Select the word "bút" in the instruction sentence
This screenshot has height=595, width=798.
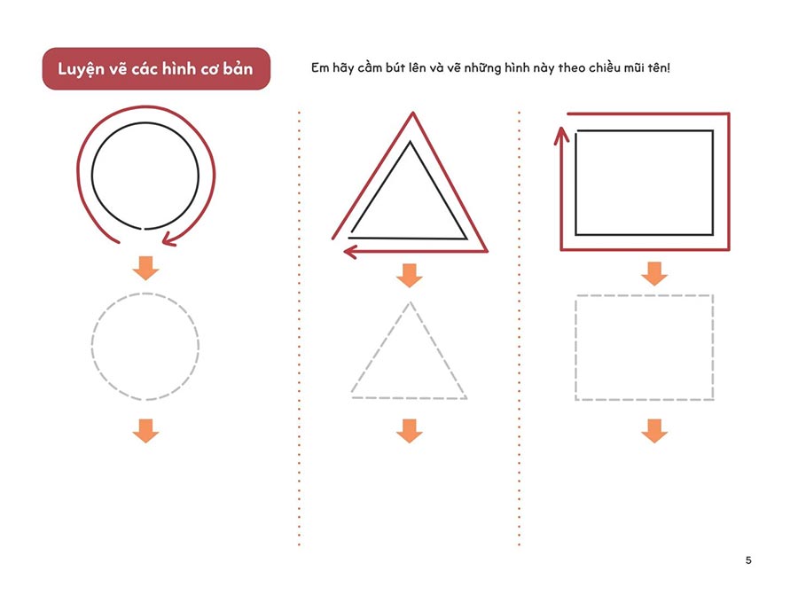(395, 67)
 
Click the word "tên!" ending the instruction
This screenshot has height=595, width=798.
(659, 67)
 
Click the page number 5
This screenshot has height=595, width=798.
(748, 560)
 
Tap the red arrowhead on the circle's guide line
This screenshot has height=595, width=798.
(168, 239)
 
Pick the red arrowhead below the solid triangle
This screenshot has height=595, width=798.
(350, 251)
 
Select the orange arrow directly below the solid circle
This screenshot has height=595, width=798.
(145, 268)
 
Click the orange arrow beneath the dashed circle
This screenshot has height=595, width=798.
(145, 431)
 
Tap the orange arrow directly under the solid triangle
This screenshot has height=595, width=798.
(409, 276)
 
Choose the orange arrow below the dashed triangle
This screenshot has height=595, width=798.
(409, 431)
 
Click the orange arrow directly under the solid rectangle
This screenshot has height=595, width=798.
(654, 274)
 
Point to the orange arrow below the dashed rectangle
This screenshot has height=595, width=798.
(654, 431)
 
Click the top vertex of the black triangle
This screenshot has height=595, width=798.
(411, 143)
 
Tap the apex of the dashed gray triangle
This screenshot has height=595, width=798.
(410, 303)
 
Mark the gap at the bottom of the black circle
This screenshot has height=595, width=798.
(143, 229)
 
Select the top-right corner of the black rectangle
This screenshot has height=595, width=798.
(713, 131)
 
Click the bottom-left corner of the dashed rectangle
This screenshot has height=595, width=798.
(576, 400)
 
